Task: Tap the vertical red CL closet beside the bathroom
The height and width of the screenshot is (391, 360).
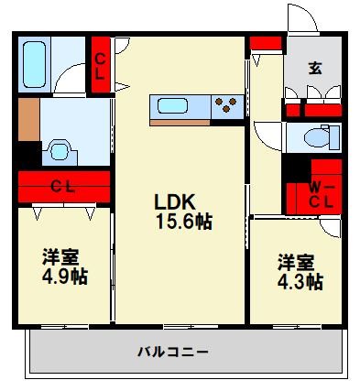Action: (x=100, y=65)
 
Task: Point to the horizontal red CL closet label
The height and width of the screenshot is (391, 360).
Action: (x=61, y=187)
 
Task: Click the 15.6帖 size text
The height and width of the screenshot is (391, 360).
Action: (x=182, y=222)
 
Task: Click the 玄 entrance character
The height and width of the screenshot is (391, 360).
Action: (x=314, y=67)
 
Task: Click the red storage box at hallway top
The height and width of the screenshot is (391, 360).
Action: (x=266, y=43)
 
